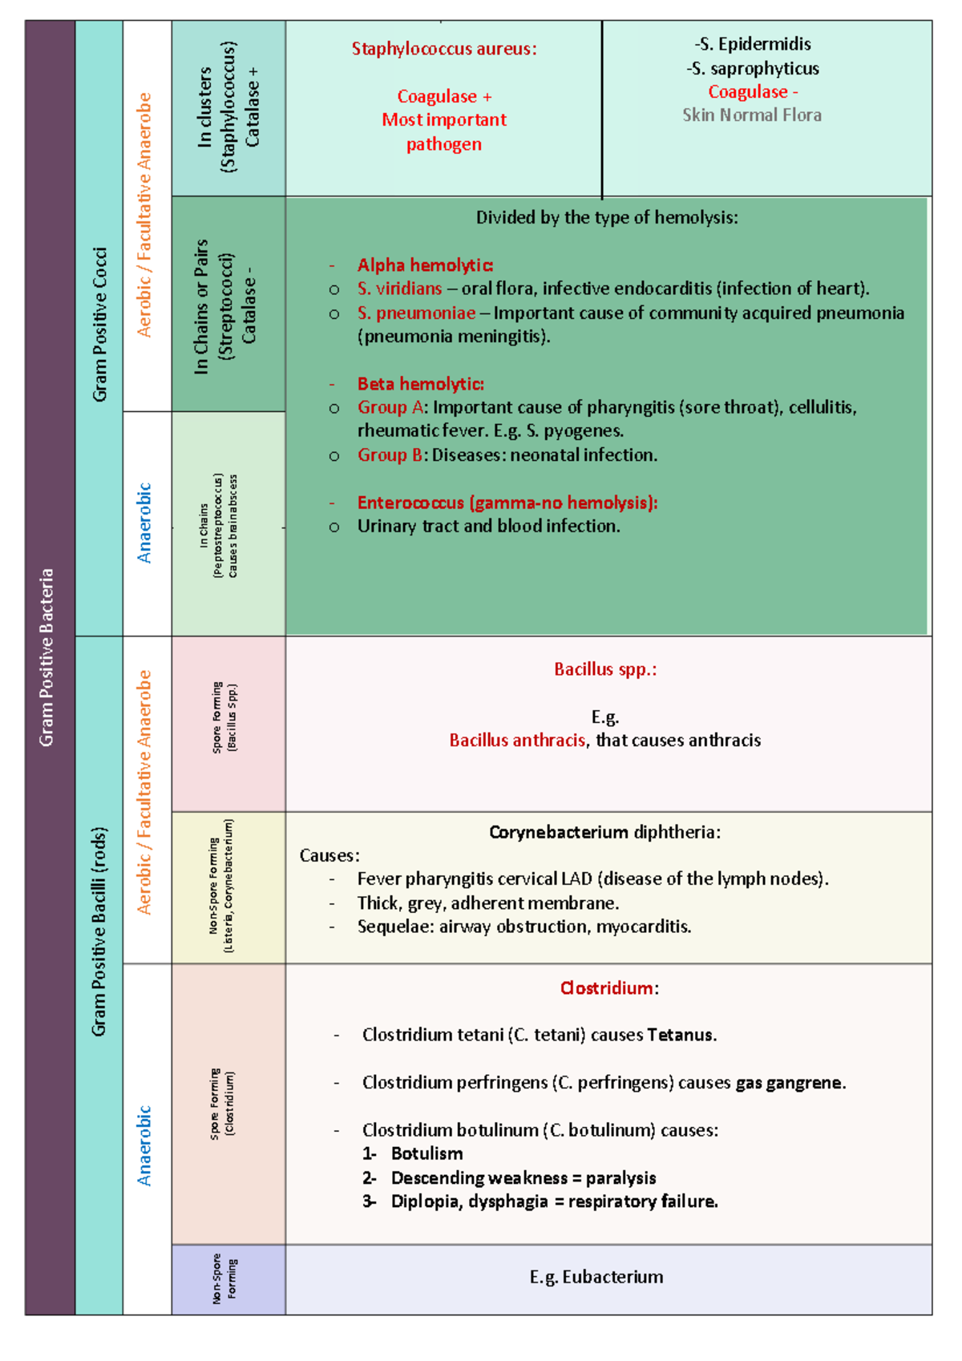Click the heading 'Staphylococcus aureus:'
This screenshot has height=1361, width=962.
(x=443, y=49)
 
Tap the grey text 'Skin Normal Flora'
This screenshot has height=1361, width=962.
(x=751, y=115)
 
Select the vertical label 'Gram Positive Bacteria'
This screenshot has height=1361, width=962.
(x=47, y=657)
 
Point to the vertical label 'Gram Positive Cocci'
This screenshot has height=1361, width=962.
(x=99, y=325)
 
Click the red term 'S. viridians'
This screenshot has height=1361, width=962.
(x=399, y=289)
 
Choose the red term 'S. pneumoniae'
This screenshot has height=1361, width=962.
(x=416, y=313)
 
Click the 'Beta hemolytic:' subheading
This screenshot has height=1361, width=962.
(x=420, y=384)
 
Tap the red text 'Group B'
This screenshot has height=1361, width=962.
(x=390, y=455)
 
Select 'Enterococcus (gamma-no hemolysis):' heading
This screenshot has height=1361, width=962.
(x=507, y=503)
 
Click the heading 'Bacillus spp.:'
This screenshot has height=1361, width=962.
(x=605, y=669)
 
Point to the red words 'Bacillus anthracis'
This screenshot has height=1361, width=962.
(x=517, y=741)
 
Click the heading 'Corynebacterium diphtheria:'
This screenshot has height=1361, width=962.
(x=604, y=832)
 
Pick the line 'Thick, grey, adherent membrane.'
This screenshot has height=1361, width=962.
(x=487, y=903)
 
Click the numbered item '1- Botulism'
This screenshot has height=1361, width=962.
(x=413, y=1154)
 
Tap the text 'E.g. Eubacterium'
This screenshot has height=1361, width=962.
(x=596, y=1277)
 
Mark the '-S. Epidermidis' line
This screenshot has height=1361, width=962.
(x=752, y=44)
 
